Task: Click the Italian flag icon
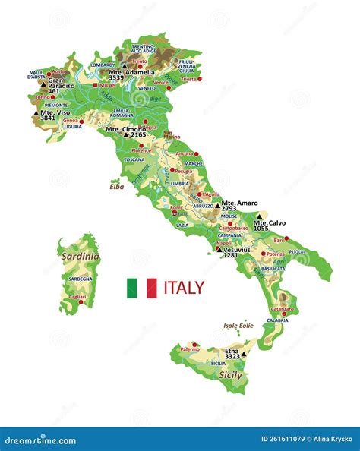point(141,288)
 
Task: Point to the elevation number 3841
point(48,118)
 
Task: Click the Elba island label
point(116,186)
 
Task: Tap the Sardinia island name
point(81,257)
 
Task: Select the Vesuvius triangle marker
point(219,248)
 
